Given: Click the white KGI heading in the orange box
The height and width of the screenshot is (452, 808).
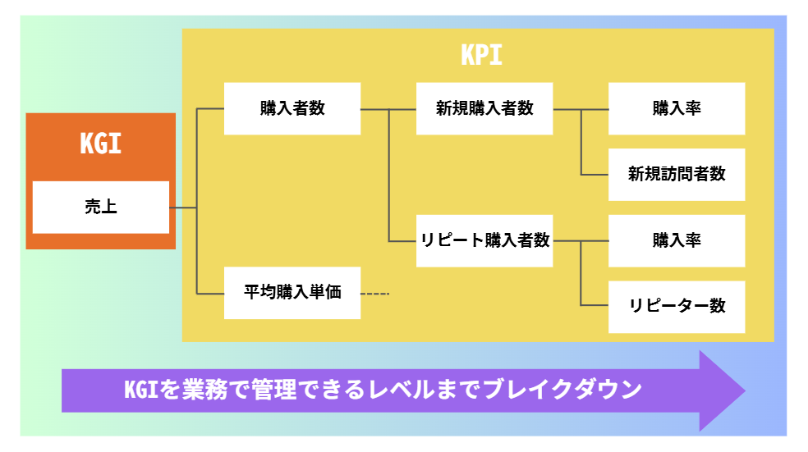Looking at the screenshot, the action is pos(100,144).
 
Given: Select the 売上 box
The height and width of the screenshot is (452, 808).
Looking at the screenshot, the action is pos(101,207).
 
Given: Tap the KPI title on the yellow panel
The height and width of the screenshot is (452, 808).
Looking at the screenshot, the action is pos(481,55).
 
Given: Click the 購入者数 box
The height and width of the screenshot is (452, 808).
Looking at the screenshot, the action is pos(292,108).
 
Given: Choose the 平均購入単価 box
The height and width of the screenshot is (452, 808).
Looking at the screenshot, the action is pos(292,292).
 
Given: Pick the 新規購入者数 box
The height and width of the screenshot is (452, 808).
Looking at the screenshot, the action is pos(484,108).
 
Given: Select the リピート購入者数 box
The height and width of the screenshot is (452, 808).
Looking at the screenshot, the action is pos(484,240).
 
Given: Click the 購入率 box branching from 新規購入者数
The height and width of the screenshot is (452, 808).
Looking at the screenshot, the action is pos(677,108).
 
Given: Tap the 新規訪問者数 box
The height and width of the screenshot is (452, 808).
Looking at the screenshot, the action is pos(677,175).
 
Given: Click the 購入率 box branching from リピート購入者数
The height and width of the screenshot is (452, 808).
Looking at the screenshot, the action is pos(677,240).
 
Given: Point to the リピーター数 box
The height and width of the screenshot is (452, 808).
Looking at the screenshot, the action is pos(677,306).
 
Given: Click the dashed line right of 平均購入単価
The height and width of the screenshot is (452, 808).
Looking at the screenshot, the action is pos(374,294).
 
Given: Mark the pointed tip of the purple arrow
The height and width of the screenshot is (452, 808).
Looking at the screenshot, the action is pos(745,390).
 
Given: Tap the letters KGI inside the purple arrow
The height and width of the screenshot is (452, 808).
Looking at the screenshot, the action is pos(140,390).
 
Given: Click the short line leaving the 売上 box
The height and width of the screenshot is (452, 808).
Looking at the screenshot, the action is pos(183,208).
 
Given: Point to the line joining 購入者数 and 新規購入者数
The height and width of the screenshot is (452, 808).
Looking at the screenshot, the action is pos(388,109).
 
